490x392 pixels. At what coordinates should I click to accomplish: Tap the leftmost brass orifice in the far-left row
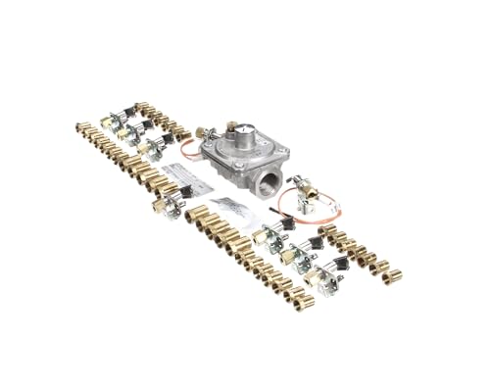(x=81, y=127)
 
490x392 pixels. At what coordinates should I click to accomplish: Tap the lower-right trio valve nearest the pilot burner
(x=266, y=234)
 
